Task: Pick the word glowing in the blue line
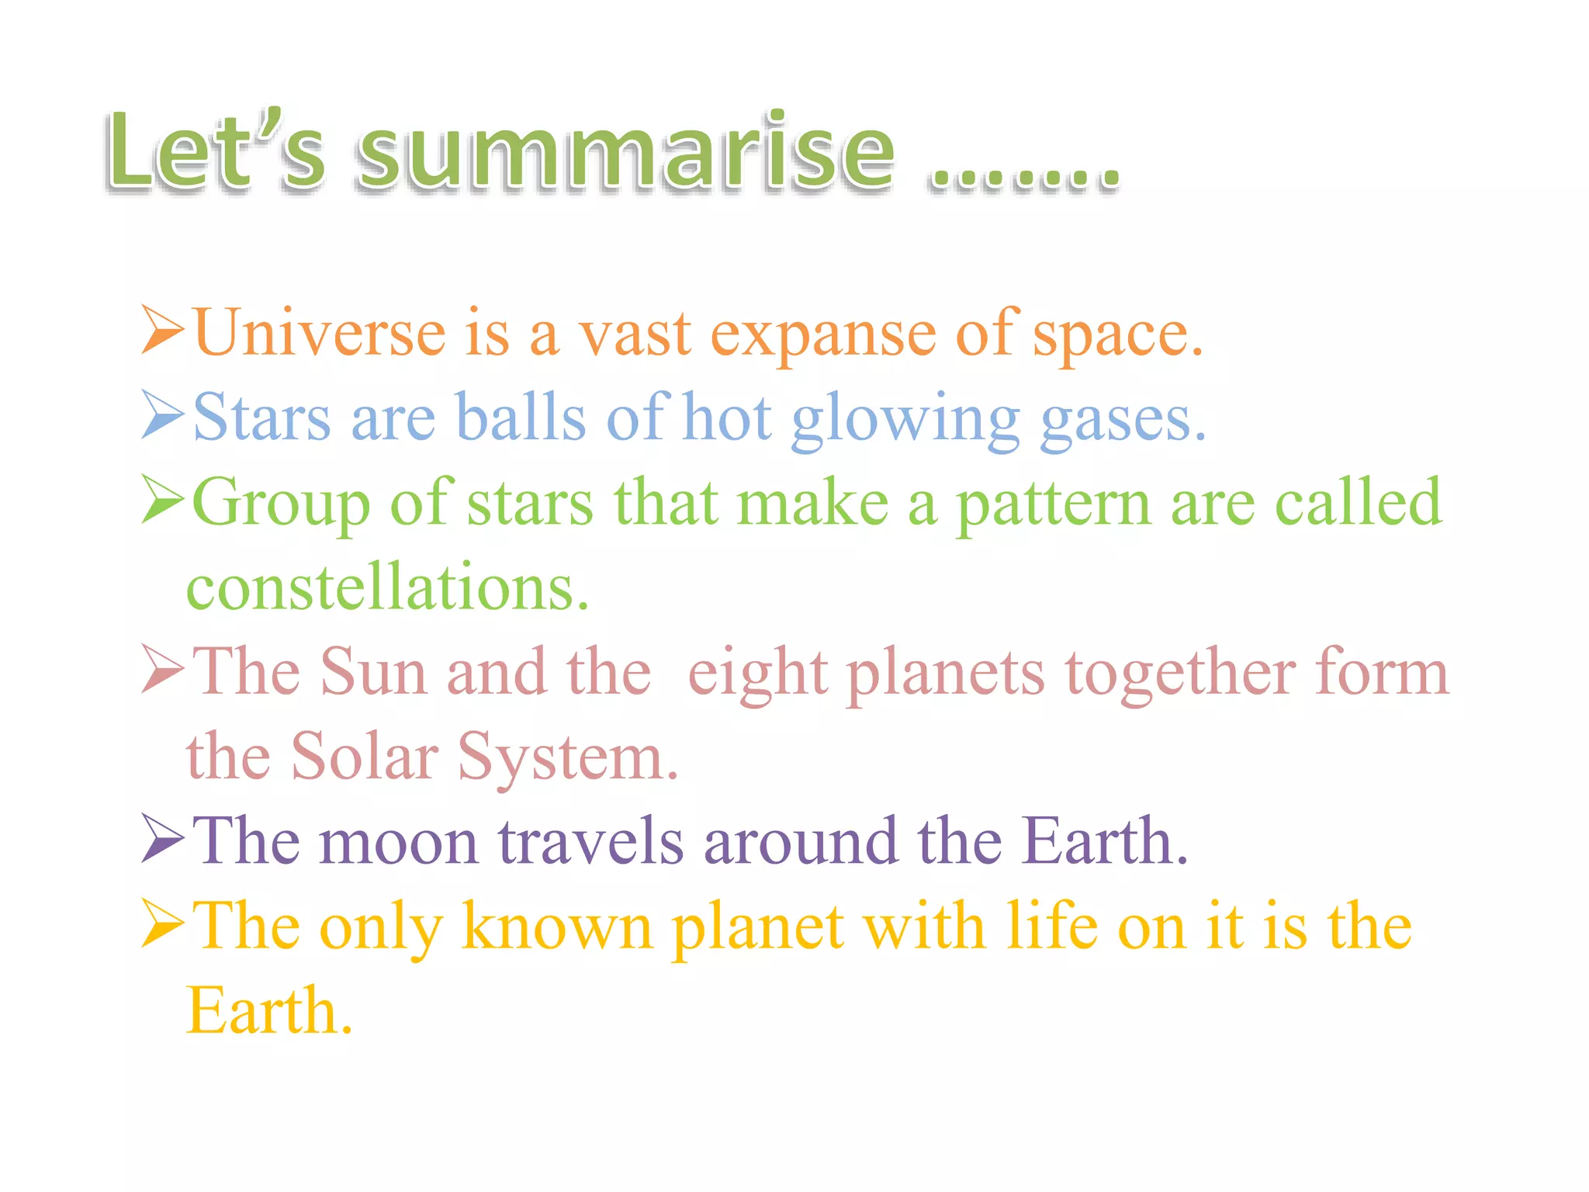pos(905,421)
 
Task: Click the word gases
pos(1122,421)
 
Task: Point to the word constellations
pos(387,587)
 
